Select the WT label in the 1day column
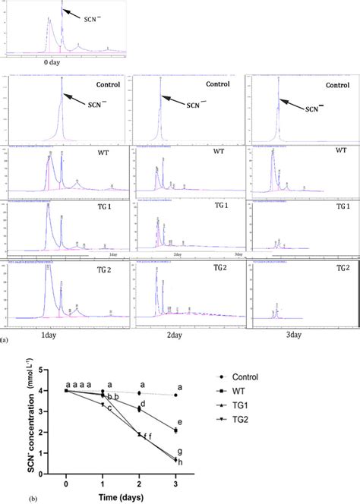click(103, 154)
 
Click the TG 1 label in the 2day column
click(227, 206)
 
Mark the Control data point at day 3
click(175, 395)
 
